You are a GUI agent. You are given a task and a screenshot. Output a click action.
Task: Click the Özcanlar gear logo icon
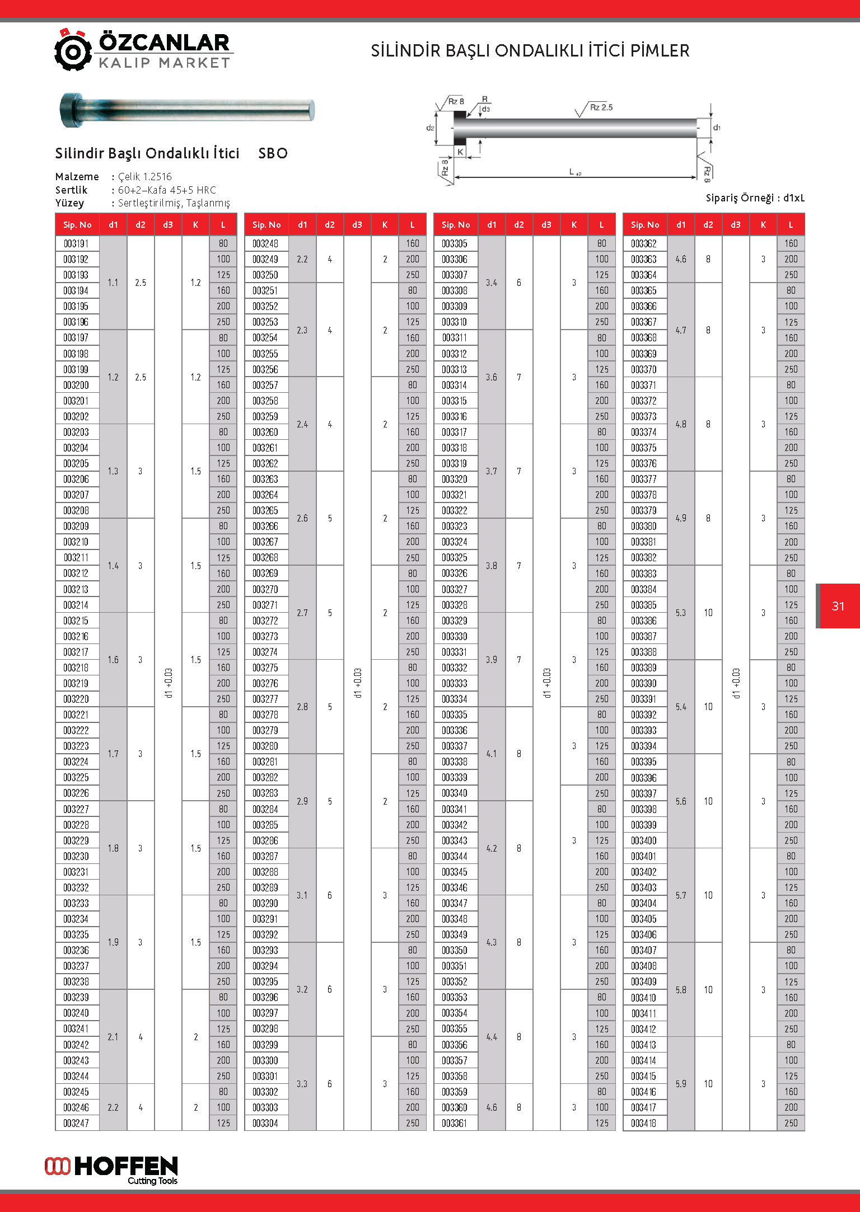tap(73, 50)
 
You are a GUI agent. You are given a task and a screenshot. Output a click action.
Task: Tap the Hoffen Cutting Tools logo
tap(111, 1169)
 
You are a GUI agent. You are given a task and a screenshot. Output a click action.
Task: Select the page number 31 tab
tap(838, 606)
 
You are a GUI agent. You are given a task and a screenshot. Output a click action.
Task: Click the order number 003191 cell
tap(77, 243)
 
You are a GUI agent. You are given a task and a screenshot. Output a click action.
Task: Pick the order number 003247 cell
tap(77, 1122)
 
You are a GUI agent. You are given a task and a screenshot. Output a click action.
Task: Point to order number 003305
tap(455, 243)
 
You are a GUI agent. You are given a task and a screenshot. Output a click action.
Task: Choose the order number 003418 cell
tap(644, 1122)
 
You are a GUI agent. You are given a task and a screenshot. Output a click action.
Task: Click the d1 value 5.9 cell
tap(681, 1083)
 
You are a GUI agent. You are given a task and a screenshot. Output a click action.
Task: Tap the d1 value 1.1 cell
tap(113, 283)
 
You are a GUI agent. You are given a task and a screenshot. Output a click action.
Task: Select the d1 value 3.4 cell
tap(492, 283)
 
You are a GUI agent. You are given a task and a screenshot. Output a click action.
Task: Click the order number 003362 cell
tap(644, 243)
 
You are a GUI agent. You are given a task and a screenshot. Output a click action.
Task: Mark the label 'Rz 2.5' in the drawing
tap(601, 107)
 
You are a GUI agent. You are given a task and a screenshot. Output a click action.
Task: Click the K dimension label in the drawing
tap(460, 152)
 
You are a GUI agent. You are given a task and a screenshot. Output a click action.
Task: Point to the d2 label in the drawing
tap(430, 128)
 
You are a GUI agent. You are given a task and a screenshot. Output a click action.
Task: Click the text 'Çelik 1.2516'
tap(145, 177)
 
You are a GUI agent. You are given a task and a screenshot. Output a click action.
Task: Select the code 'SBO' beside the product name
tap(273, 153)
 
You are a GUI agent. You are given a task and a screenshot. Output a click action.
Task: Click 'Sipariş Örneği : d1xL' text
tap(755, 198)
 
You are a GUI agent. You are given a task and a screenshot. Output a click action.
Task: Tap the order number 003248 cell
tap(266, 243)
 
